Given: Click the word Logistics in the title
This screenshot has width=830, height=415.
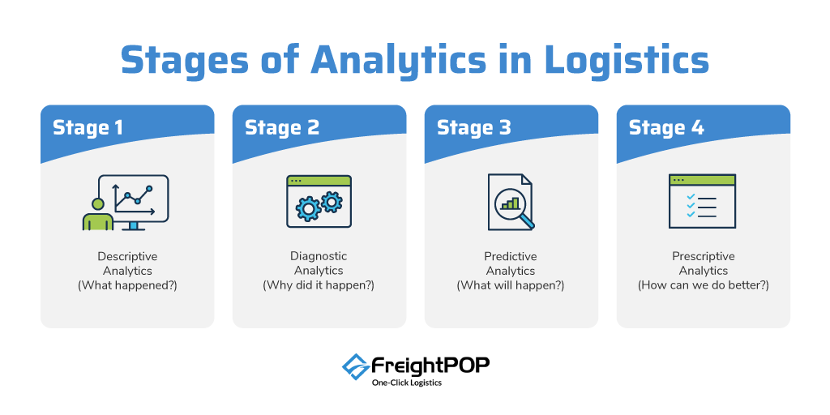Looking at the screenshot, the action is pyautogui.click(x=627, y=60).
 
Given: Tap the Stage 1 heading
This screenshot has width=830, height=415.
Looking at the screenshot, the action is pyautogui.click(x=88, y=128).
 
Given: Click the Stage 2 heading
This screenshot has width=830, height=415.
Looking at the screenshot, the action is pyautogui.click(x=282, y=128).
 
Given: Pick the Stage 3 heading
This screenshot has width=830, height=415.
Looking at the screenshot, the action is pyautogui.click(x=474, y=128).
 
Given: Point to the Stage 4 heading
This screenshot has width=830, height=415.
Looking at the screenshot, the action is pyautogui.click(x=666, y=128).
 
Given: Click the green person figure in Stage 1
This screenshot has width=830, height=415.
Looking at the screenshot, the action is pyautogui.click(x=98, y=214).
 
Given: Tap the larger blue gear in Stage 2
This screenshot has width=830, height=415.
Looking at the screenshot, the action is pyautogui.click(x=309, y=208).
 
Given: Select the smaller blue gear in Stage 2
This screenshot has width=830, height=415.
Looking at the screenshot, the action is pyautogui.click(x=332, y=202).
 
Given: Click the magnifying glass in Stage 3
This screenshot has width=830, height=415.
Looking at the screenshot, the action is pyautogui.click(x=513, y=207).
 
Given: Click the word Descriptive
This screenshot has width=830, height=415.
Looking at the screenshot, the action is pyautogui.click(x=127, y=257).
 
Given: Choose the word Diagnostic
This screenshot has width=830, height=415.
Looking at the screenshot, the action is pyautogui.click(x=319, y=257).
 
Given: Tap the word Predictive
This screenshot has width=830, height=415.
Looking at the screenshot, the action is pyautogui.click(x=511, y=257).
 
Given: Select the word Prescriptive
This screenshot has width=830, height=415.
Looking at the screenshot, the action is pyautogui.click(x=704, y=257).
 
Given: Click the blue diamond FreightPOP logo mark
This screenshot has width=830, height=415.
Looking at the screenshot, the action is pyautogui.click(x=355, y=367).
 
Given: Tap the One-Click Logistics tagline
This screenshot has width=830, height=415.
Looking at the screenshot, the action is pyautogui.click(x=408, y=383).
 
